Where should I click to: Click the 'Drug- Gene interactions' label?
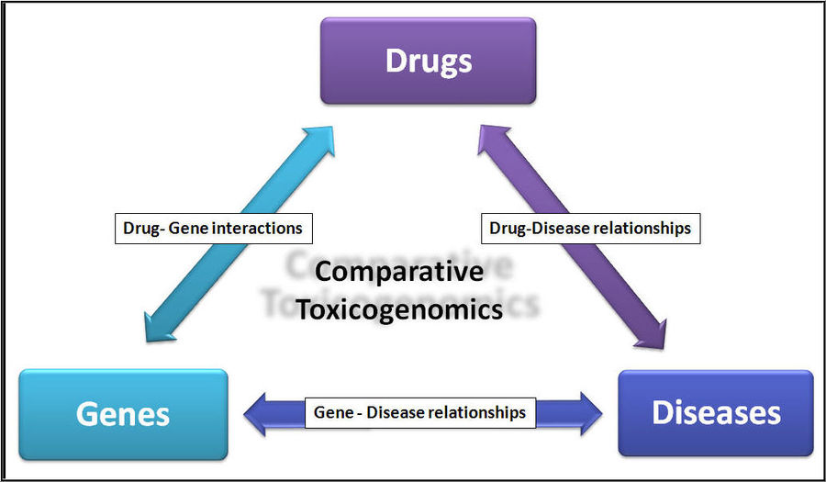(213, 227)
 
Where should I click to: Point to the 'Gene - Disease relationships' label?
(419, 412)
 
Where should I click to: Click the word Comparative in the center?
(398, 272)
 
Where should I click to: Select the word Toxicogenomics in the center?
(398, 308)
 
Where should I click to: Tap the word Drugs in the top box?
(428, 62)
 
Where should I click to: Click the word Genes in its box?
(123, 414)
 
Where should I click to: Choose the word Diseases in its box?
(716, 412)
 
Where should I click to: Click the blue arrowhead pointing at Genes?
(261, 413)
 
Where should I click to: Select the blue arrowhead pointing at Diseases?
(585, 413)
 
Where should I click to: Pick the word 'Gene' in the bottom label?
(333, 412)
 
